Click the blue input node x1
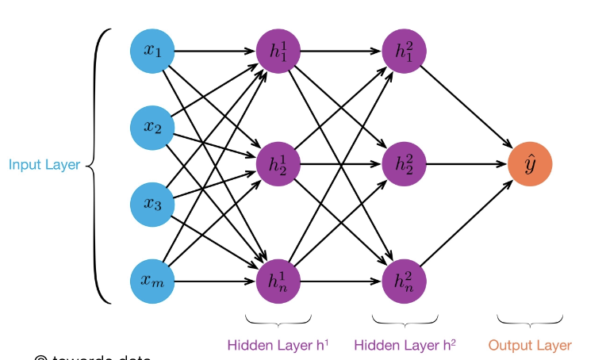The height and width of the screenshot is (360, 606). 152,51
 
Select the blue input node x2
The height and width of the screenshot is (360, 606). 152,127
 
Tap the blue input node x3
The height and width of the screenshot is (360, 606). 152,204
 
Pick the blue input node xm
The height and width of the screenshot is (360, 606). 152,281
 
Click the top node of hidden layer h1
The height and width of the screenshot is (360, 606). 278,51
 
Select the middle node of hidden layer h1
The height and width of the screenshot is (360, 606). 278,165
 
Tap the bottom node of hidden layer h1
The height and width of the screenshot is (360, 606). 278,281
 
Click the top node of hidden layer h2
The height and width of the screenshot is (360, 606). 405,51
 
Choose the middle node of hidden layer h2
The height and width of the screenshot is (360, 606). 405,165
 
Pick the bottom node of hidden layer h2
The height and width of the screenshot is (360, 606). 405,281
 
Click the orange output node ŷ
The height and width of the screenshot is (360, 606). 530,165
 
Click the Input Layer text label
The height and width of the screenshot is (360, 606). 44,165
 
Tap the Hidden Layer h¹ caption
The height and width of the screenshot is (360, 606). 278,345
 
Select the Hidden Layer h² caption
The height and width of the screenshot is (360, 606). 405,345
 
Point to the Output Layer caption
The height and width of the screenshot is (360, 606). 530,345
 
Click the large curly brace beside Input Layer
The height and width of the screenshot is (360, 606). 98,165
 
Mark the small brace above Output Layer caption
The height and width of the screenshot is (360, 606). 530,320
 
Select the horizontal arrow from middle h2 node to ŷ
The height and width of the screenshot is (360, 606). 466,165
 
